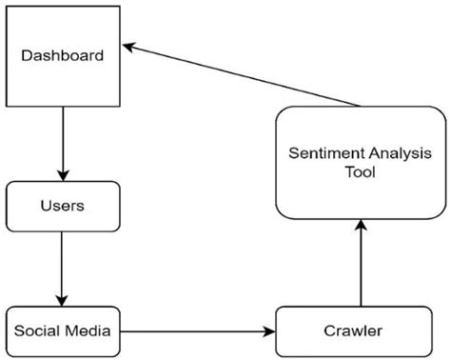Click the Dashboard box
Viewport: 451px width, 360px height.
pyautogui.click(x=63, y=54)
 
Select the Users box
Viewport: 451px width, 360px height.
pyautogui.click(x=63, y=206)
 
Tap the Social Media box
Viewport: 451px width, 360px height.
pyautogui.click(x=63, y=330)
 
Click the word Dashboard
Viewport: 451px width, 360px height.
pyautogui.click(x=63, y=55)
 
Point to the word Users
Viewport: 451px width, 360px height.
pyautogui.click(x=63, y=206)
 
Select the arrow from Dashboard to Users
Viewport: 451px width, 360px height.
pyautogui.click(x=63, y=143)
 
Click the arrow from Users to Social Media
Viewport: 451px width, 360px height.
pyautogui.click(x=63, y=269)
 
